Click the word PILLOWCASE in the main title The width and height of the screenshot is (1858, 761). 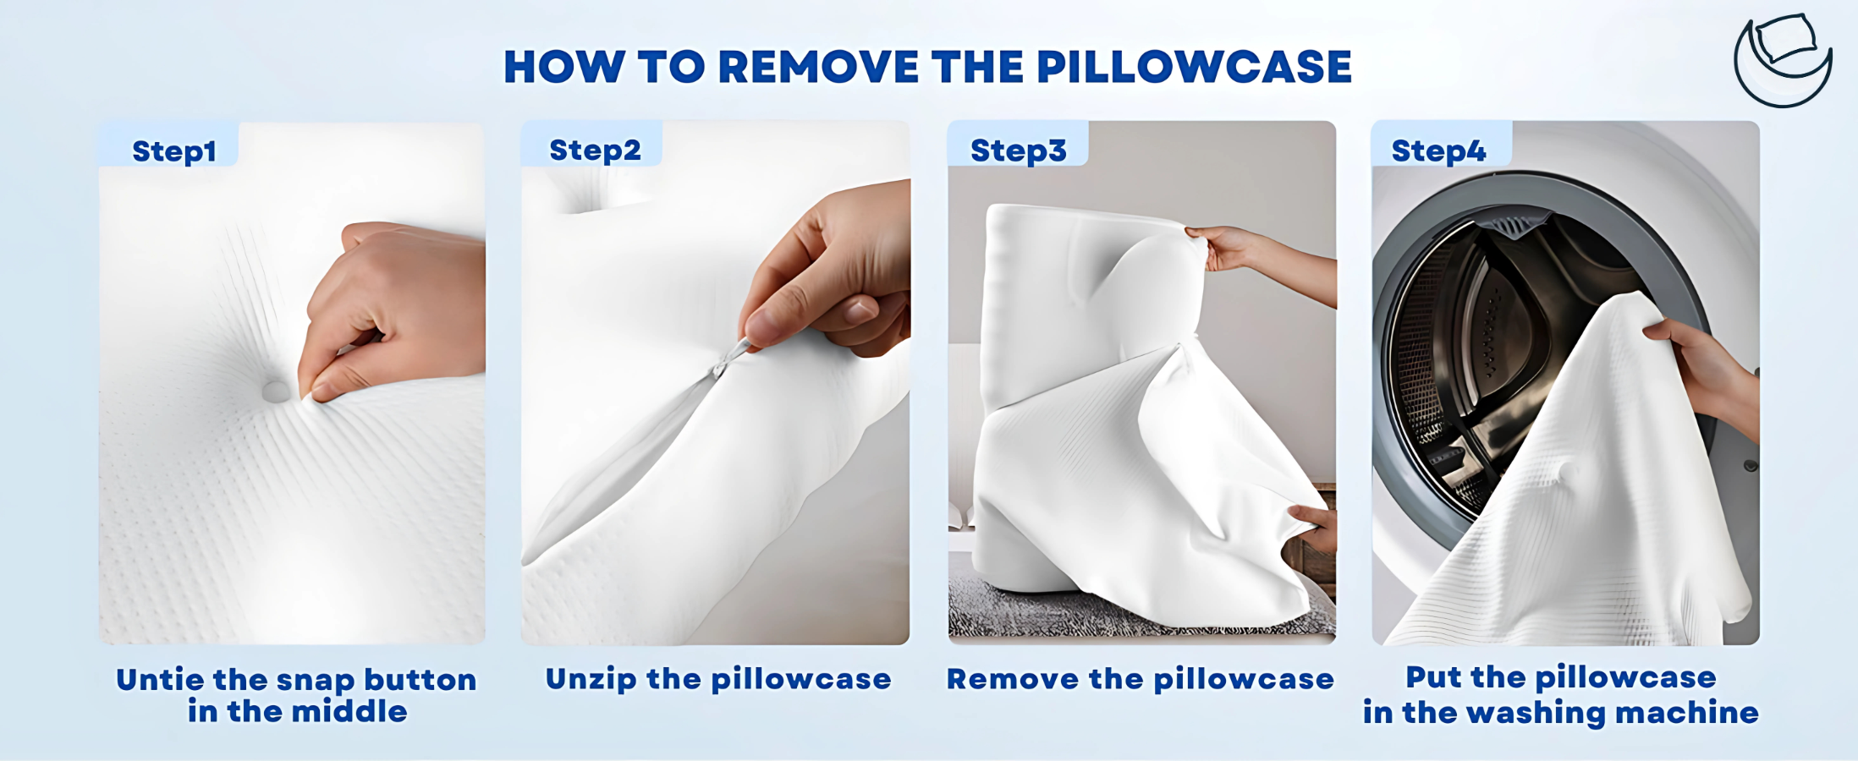[1194, 67]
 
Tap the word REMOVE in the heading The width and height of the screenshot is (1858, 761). [818, 67]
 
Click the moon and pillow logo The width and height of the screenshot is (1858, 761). [1783, 60]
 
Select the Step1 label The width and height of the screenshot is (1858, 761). [174, 151]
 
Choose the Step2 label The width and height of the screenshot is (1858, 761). [595, 151]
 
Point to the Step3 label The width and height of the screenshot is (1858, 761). [1018, 151]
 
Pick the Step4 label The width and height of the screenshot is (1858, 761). [1438, 151]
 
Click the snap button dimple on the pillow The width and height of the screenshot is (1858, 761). [275, 391]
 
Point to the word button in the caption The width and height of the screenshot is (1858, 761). [421, 680]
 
